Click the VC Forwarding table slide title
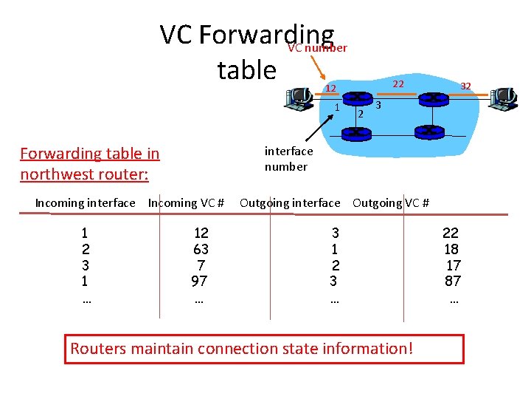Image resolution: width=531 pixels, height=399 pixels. (x=246, y=52)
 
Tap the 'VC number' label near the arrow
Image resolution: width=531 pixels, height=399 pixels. (x=317, y=48)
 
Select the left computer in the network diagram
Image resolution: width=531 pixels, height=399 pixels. (x=299, y=98)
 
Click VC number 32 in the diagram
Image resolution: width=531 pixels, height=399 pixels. (x=465, y=86)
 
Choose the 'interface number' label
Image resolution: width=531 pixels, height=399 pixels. (x=288, y=159)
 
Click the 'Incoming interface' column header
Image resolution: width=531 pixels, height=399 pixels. (x=86, y=202)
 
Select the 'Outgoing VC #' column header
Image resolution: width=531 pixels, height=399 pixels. (x=391, y=202)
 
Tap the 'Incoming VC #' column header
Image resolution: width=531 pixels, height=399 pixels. (x=186, y=202)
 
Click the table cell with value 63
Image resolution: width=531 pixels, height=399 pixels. (x=201, y=249)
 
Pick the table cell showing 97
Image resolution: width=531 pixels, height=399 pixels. (x=198, y=281)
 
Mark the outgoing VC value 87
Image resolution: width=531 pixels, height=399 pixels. (x=452, y=281)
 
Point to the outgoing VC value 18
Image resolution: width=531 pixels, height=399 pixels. (x=451, y=249)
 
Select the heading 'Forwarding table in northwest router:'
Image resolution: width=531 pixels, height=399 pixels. (x=89, y=163)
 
